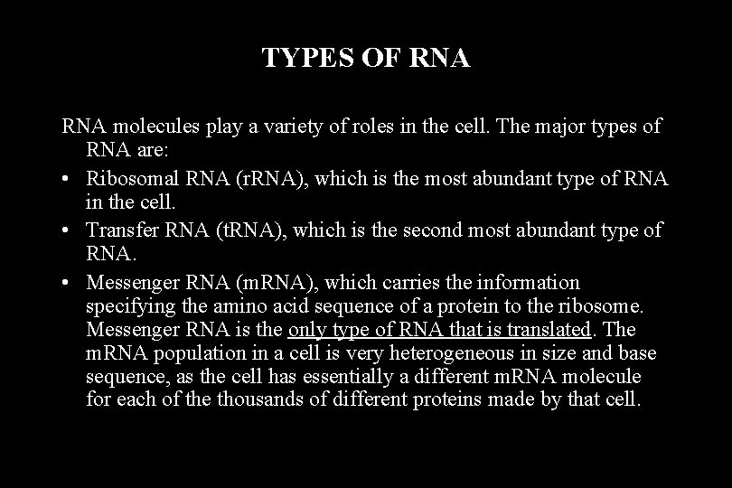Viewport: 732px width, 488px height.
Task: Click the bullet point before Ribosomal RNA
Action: tap(70, 180)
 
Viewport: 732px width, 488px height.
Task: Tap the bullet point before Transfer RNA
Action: tap(70, 230)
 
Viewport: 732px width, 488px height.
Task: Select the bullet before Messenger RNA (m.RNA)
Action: tap(70, 283)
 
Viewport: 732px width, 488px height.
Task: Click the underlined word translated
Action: tap(551, 329)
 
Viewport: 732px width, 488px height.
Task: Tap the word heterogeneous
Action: tap(429, 352)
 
